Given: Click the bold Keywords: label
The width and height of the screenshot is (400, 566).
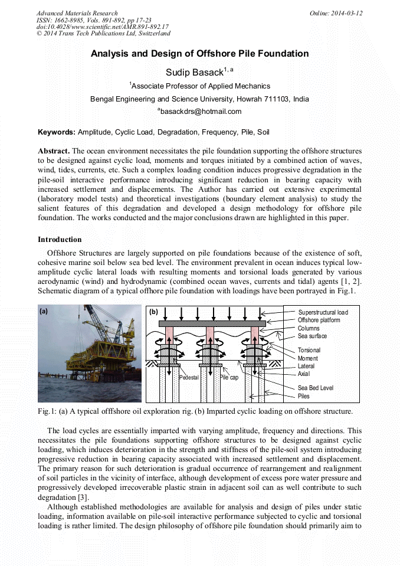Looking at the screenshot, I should tap(57, 133).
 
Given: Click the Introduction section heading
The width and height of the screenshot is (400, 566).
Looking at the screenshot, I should tap(60, 240).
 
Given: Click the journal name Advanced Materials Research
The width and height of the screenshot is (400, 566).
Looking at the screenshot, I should tap(77, 13).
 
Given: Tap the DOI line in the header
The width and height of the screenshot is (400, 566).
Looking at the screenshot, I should tap(102, 27).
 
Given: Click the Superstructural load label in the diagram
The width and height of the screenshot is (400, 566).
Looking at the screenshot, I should tap(323, 312).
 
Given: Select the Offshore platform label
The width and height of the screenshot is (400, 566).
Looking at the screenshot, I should tap(319, 320).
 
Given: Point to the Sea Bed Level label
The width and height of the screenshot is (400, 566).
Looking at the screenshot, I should tap(316, 388).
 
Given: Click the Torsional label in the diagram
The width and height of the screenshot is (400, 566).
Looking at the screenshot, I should tap(309, 350).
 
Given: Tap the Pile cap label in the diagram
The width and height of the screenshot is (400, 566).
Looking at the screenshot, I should tap(229, 377).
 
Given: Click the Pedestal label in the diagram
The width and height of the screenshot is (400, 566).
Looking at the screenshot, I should tap(188, 377).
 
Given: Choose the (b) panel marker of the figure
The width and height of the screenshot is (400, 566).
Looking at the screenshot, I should tap(153, 312).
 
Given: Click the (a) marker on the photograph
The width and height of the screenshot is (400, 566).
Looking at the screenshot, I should tap(44, 311).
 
